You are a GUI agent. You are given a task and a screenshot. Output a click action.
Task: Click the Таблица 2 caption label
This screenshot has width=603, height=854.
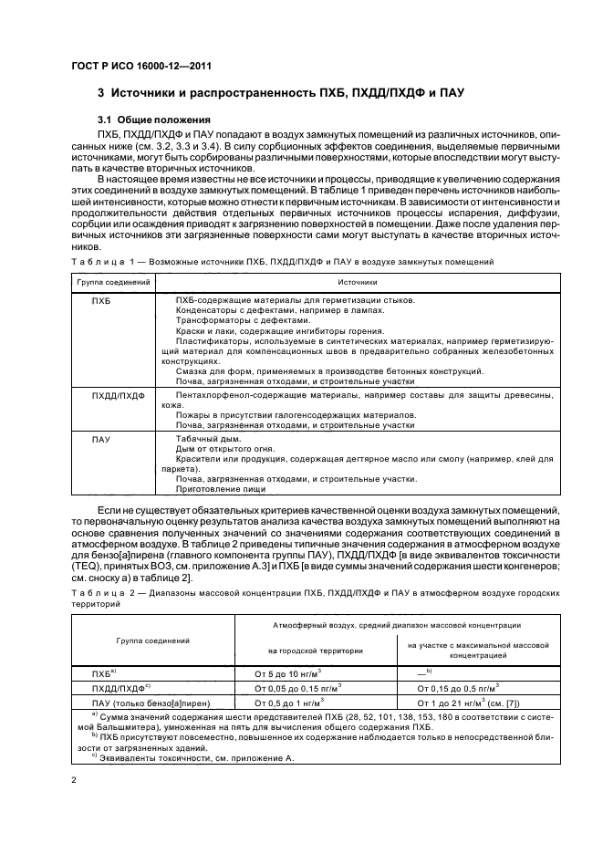point(99,592)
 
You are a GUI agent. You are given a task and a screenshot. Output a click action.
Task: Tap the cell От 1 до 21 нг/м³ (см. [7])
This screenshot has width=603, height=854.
point(475,703)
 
